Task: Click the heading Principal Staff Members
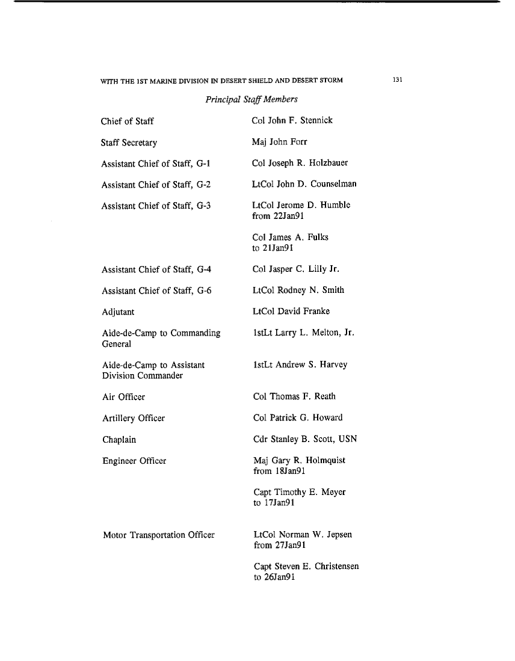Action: (251, 99)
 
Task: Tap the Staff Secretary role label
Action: (129, 143)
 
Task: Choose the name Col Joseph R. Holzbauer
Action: (300, 163)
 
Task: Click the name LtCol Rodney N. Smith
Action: (299, 291)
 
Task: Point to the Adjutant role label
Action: (117, 312)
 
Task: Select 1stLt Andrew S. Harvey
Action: (300, 364)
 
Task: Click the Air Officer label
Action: (123, 397)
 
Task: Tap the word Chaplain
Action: (119, 440)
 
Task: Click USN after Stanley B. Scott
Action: (348, 439)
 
